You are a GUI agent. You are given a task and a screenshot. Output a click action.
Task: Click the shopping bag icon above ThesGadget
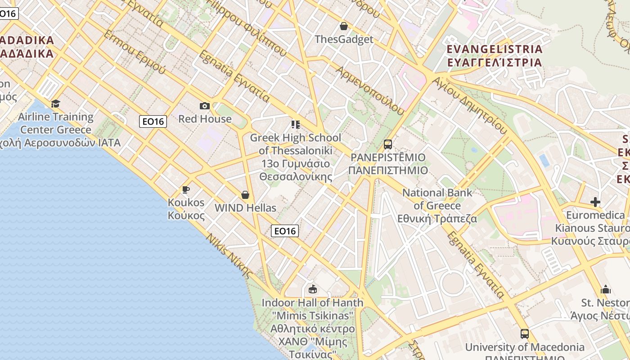[x=344, y=26]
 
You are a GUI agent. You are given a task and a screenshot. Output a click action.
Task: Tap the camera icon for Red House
[x=205, y=106]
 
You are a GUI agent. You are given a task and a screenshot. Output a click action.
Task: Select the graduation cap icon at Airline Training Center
[x=55, y=104]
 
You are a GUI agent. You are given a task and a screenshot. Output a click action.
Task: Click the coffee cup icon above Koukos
[x=185, y=189]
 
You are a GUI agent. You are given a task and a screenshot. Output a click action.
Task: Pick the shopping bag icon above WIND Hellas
[x=245, y=195]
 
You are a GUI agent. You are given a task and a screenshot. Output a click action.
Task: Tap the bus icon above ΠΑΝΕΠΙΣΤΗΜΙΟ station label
[x=387, y=144]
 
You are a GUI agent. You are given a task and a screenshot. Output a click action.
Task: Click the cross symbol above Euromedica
[x=595, y=202]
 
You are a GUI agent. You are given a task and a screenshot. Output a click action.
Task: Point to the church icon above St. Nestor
[x=606, y=289]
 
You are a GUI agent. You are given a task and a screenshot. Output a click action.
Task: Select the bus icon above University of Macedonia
[x=525, y=334]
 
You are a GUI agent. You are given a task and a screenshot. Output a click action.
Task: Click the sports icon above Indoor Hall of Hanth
[x=312, y=289]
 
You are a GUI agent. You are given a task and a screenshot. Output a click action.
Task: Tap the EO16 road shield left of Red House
[x=153, y=121]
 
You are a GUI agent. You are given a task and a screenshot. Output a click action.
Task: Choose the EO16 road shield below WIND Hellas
[x=285, y=231]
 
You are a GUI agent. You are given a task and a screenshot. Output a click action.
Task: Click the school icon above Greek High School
[x=295, y=124]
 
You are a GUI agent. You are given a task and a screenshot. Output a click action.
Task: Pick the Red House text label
[x=205, y=119]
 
